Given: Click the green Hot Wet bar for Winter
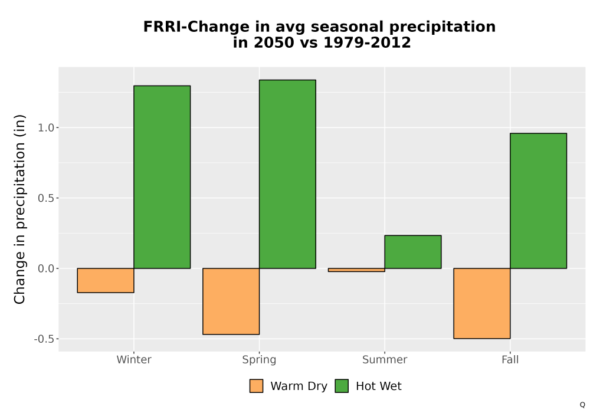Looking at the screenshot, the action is pos(162,177).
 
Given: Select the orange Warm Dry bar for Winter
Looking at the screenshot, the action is pos(106,280).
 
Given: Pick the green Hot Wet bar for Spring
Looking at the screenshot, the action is pos(287,174).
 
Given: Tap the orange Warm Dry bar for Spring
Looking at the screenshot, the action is pos(231,301).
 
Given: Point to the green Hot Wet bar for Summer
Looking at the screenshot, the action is pos(413,252).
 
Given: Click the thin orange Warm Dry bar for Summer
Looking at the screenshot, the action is pos(356,270).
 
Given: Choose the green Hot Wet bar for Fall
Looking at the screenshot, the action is pos(539,201).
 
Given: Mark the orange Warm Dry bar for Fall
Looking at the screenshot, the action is pos(482,303).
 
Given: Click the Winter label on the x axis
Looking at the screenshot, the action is pos(134,359).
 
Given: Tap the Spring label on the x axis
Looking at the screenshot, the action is pos(259,360).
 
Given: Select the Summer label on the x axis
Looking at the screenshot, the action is pos(385,359).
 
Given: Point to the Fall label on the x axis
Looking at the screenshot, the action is pos(510,359).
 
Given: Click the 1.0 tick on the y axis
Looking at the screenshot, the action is pos(46,128).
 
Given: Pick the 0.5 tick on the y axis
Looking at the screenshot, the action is pos(46,198).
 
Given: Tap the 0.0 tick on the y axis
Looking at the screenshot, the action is pos(46,268).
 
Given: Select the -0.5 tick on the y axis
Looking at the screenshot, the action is pos(44,339).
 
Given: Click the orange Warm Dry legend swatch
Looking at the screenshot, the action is pos(256,386).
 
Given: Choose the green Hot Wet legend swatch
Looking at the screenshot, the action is pos(342,386).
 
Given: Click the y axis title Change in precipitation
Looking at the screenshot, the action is pos(19,209).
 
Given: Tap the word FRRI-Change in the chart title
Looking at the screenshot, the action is pos(196,27).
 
